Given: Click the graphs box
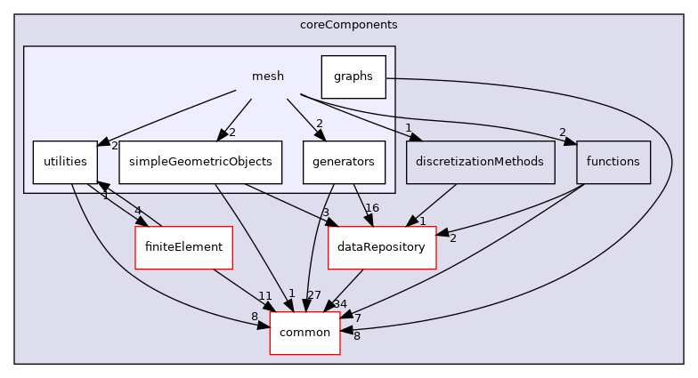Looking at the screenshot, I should [x=353, y=76].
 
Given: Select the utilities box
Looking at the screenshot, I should [x=65, y=162].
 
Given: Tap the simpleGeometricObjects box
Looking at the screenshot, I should [x=201, y=162].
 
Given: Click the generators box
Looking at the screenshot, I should [x=345, y=162].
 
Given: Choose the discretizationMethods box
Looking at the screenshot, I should [x=481, y=162].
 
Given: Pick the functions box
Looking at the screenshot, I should [x=613, y=162].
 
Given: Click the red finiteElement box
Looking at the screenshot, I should [x=183, y=246].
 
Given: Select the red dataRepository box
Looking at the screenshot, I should [x=382, y=246].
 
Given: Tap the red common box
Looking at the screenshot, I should [x=305, y=333].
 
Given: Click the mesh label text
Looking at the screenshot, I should [x=268, y=76].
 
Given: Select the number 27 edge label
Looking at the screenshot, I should [x=312, y=294].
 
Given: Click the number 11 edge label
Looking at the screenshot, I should [x=264, y=294].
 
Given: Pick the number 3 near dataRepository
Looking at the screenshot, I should [x=327, y=213].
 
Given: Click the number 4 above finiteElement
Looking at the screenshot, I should [x=138, y=211].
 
